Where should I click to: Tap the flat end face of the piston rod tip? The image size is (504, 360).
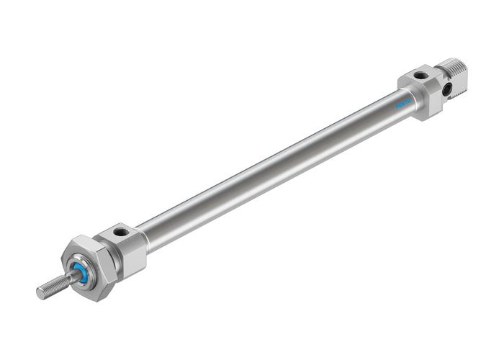40,292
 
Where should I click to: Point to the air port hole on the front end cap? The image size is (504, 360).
120,233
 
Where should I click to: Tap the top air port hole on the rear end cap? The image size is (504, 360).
419,76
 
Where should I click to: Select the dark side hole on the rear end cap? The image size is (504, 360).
447,89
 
